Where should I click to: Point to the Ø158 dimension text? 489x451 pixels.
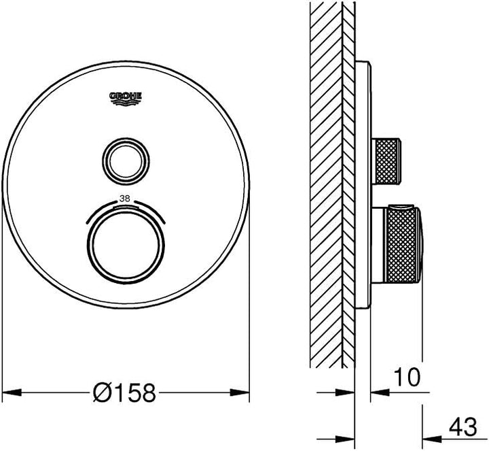(x=126, y=392)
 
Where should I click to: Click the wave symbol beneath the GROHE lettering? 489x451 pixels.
(x=126, y=103)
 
